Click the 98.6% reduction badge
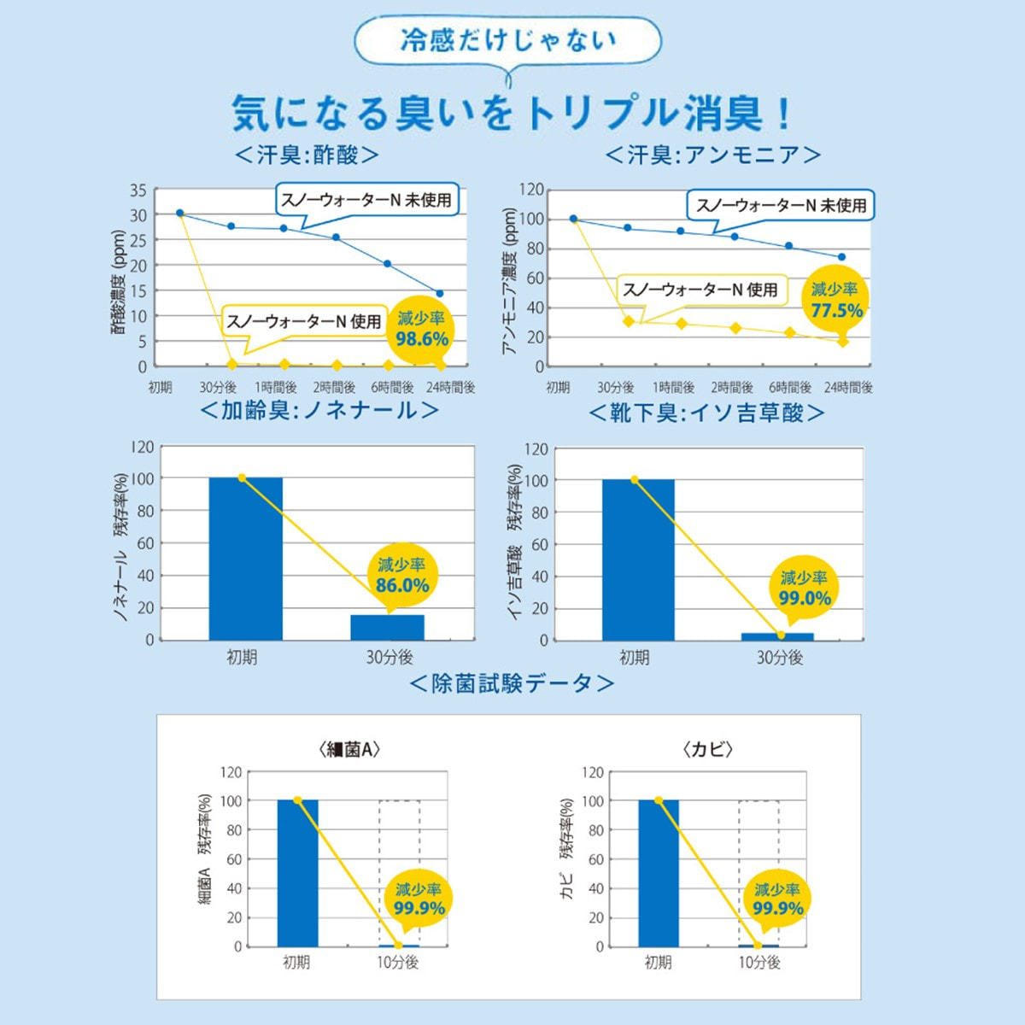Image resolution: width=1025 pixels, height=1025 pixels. click(x=422, y=330)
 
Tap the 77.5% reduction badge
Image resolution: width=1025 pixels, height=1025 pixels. click(x=836, y=301)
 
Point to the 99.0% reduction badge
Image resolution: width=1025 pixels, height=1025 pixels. click(x=804, y=589)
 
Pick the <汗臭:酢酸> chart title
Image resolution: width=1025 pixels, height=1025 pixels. click(x=307, y=155)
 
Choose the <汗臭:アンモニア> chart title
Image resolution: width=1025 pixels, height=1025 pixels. click(x=713, y=155)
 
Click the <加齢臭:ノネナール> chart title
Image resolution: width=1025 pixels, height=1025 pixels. click(x=319, y=411)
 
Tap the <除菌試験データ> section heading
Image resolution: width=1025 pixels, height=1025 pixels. click(x=512, y=684)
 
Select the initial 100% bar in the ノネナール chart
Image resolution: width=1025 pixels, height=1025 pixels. click(x=245, y=559)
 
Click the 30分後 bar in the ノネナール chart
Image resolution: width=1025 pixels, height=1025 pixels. click(x=387, y=627)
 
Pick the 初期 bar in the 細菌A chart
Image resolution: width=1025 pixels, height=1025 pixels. click(x=297, y=873)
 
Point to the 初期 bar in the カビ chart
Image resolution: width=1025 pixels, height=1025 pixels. click(x=658, y=873)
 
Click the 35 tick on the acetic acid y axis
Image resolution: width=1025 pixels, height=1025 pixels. click(x=138, y=190)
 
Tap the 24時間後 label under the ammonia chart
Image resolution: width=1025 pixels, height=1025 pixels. click(x=848, y=388)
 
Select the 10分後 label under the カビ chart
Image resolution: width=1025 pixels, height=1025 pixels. click(x=759, y=963)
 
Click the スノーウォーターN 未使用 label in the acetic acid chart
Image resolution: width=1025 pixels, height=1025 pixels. click(x=366, y=201)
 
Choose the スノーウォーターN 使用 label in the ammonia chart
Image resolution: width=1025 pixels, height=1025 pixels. click(x=700, y=290)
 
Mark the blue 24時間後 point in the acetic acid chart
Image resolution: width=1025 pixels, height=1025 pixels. click(x=440, y=293)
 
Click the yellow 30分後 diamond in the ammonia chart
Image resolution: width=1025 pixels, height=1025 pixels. click(x=629, y=321)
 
